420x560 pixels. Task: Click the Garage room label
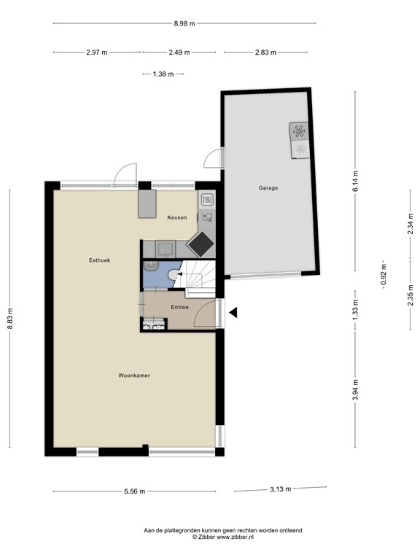[x=268, y=188]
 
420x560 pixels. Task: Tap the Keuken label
[x=176, y=217]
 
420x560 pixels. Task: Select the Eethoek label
[x=99, y=260]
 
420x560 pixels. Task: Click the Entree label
[x=179, y=307]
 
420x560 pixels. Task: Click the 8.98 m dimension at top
[x=184, y=23]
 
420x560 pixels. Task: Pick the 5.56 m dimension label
[x=134, y=491]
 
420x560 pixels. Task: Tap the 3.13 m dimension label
[x=280, y=489]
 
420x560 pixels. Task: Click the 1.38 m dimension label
[x=163, y=74]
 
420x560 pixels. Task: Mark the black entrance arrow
[x=233, y=313]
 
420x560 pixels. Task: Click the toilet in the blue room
[x=171, y=274]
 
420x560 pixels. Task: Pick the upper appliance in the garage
[x=299, y=131]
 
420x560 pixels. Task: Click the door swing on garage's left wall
[x=213, y=156]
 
